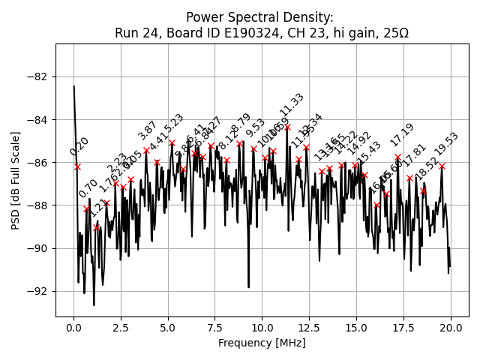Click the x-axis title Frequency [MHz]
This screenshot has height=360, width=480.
pos(262,343)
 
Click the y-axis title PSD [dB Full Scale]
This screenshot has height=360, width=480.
pos(16,180)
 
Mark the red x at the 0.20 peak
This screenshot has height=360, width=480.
pos(77,166)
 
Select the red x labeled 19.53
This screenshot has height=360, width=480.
pos(442,166)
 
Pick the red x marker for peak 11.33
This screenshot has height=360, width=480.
pos(287,127)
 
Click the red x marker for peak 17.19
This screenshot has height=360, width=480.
pos(397,157)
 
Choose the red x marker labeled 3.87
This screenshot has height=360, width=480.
pos(146,151)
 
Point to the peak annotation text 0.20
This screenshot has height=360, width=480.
pos(79,146)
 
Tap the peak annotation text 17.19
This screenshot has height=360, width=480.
pos(402,135)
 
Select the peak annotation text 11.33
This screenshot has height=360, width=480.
pos(292,105)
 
